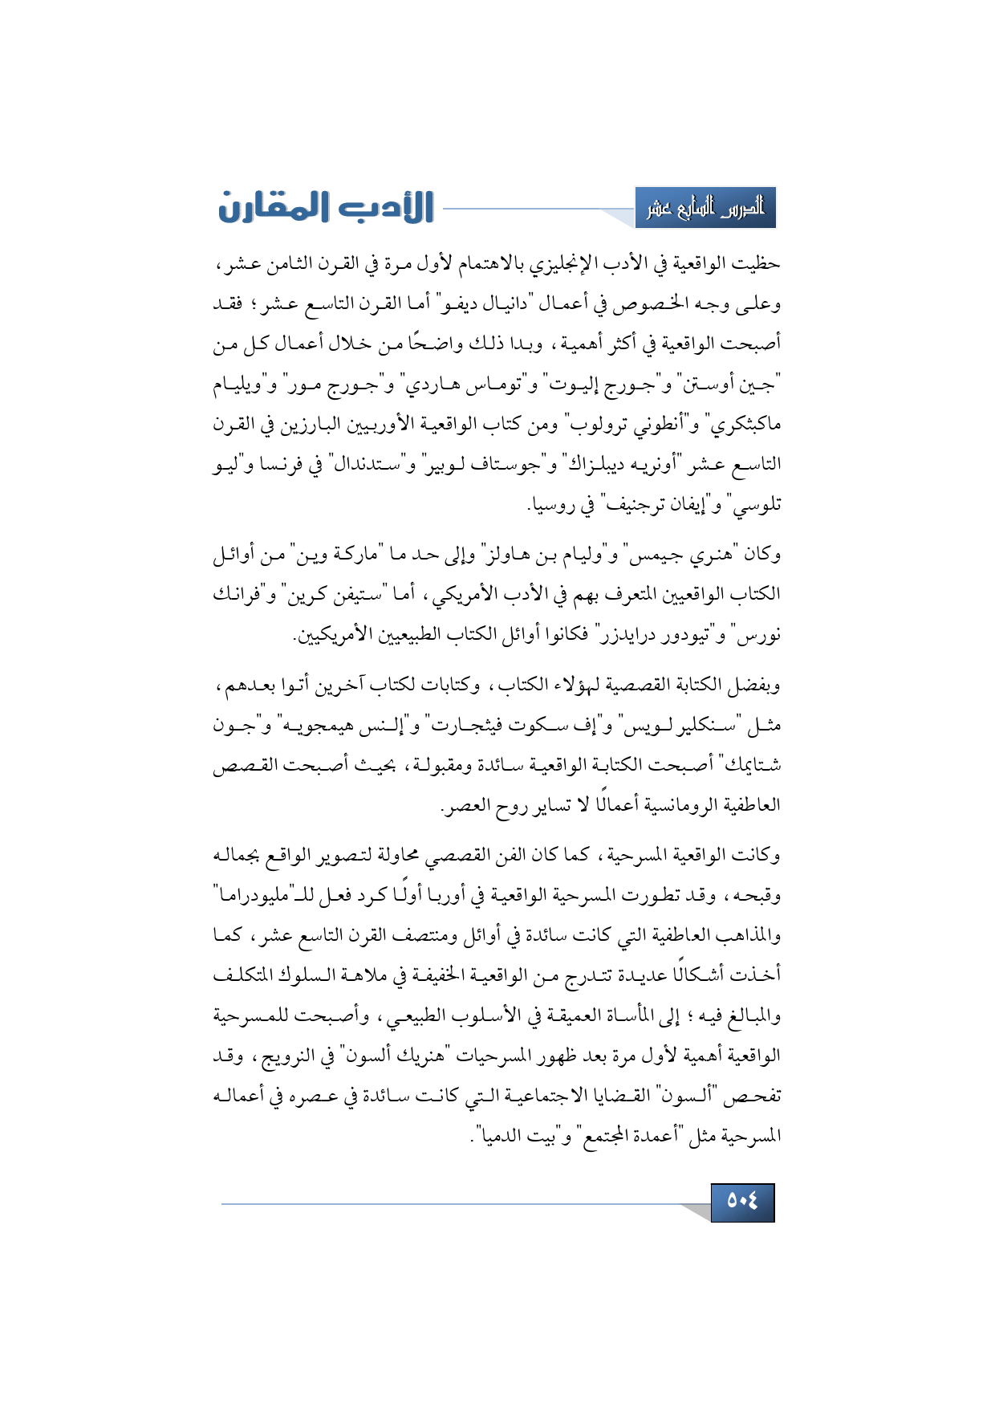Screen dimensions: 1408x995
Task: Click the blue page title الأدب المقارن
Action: [326, 207]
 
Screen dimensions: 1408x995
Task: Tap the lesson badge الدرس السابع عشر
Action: [705, 209]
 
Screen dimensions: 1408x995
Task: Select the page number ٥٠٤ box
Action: [742, 1202]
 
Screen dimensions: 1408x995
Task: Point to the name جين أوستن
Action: [736, 385]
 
